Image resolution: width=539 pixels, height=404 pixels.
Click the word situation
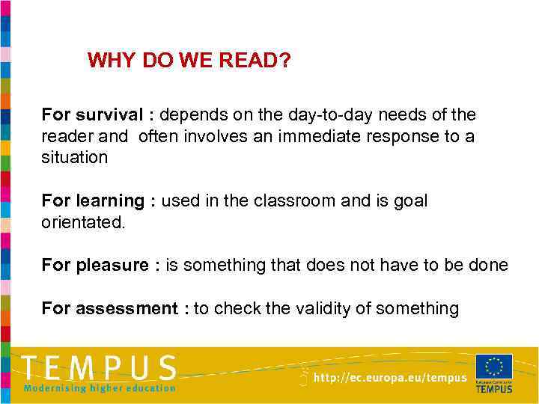click(75, 157)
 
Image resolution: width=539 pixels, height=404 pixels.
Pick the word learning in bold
click(109, 201)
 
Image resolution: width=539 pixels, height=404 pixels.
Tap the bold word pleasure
click(112, 266)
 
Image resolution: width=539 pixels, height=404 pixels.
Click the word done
click(491, 265)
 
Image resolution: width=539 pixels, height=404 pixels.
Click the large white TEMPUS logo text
click(99, 368)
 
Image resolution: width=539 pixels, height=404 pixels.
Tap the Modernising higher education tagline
click(100, 388)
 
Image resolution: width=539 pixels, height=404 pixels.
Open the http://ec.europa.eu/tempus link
click(389, 379)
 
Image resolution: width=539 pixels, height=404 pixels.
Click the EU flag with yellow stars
click(494, 367)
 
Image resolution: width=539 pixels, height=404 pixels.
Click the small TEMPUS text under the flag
click(494, 389)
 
